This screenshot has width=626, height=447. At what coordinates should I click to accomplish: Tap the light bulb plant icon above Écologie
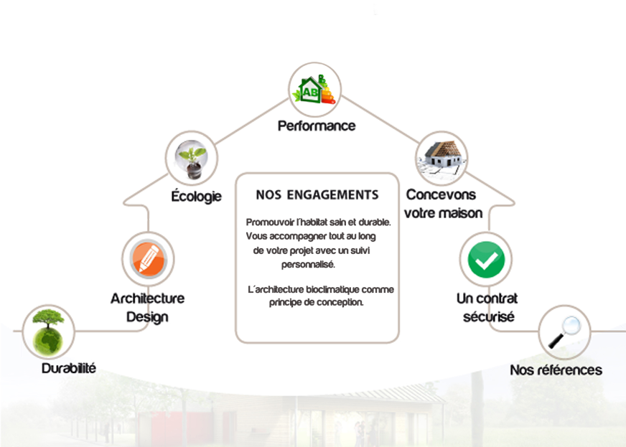[192, 159]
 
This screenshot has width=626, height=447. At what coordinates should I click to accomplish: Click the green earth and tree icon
[49, 331]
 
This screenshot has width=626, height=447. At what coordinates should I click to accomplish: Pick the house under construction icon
[442, 157]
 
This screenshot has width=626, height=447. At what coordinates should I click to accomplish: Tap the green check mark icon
[485, 259]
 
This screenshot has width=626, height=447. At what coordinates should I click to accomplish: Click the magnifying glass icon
[564, 331]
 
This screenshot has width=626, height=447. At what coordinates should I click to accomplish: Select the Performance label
[317, 126]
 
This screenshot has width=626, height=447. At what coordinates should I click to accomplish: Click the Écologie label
[195, 197]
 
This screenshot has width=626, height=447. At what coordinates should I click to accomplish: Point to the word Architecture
[147, 298]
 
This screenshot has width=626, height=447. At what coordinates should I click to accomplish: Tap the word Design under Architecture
[147, 316]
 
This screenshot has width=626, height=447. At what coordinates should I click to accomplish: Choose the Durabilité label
[69, 369]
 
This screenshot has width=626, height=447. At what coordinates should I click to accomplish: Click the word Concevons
[441, 194]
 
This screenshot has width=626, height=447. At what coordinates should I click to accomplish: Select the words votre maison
[443, 214]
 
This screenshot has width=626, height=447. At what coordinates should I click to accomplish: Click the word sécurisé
[488, 316]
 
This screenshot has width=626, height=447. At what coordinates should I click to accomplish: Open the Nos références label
[556, 370]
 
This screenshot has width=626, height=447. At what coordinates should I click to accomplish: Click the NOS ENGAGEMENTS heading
[317, 194]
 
